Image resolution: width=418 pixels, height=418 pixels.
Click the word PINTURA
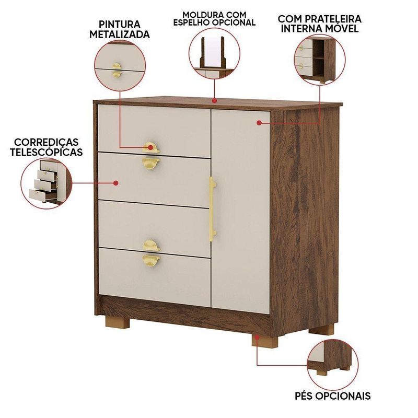click(x=120, y=24)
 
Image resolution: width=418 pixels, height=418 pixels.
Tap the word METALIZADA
click(x=120, y=34)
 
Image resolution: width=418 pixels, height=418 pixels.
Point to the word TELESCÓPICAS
click(x=46, y=152)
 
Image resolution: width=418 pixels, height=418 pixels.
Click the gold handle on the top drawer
click(x=151, y=147)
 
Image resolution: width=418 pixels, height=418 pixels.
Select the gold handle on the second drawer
click(x=151, y=164)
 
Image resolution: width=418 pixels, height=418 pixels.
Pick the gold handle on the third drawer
click(x=151, y=246)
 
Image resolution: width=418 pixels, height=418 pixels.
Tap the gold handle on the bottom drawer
click(x=151, y=260)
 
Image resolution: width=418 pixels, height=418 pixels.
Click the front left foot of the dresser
click(x=118, y=322)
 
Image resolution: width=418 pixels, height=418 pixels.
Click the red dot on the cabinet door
click(x=259, y=123)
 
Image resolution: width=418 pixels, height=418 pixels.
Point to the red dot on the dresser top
click(x=214, y=100)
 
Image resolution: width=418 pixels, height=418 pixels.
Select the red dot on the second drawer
click(x=115, y=183)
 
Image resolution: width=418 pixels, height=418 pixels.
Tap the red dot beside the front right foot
click(x=257, y=337)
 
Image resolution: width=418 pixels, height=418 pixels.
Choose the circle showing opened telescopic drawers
click(x=47, y=183)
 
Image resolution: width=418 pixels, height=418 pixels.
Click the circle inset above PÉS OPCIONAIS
click(x=333, y=365)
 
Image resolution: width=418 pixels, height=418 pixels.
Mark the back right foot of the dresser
click(x=321, y=329)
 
